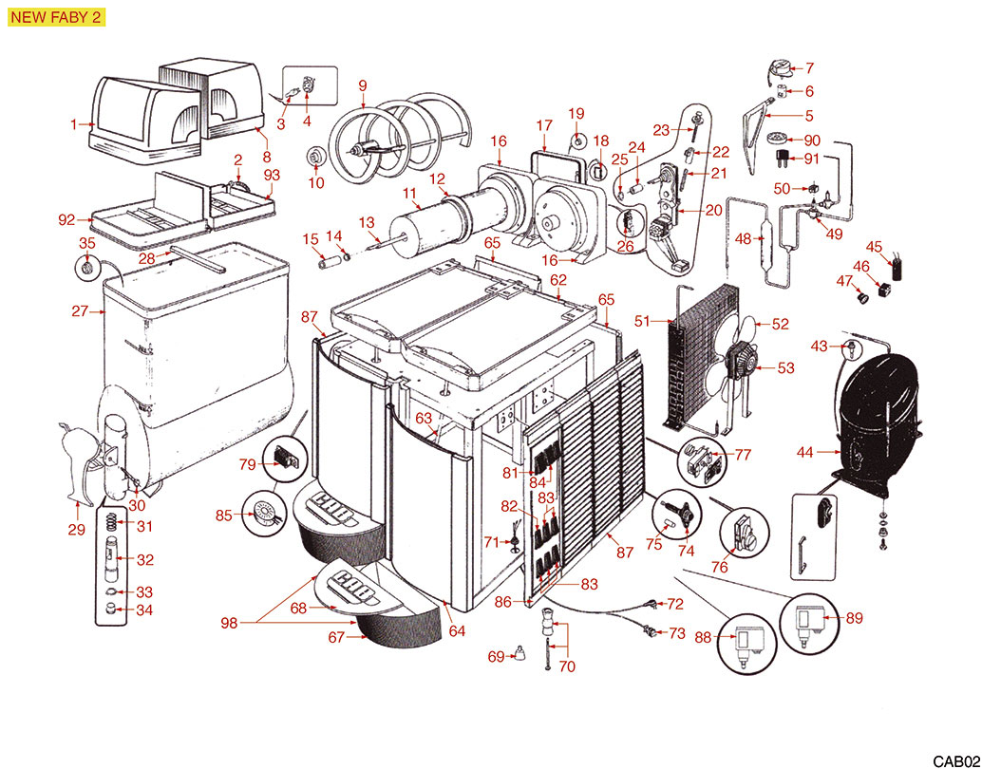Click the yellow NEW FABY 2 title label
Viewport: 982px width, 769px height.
pos(55,18)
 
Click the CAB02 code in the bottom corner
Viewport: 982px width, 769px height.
pos(954,760)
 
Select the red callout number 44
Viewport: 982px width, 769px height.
pos(804,453)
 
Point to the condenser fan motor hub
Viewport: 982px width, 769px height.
pos(737,362)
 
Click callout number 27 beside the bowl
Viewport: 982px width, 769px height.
pos(79,310)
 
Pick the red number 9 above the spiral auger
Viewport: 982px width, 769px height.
pos(362,85)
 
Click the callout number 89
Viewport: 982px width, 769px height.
pos(854,618)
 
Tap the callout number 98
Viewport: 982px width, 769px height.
pos(228,623)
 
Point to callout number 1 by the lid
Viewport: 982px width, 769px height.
pos(73,123)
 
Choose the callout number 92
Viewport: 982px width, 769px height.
pos(66,220)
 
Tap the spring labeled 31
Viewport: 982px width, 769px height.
pos(112,524)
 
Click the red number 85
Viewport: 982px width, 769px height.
pos(224,516)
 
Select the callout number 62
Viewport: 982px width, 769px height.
pos(558,279)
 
